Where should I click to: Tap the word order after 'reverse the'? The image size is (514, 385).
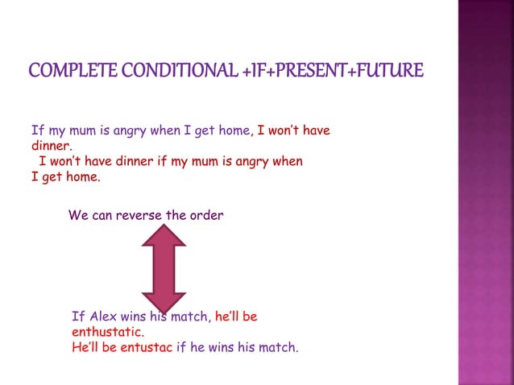[206, 215]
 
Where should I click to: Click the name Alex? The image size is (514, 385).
[102, 317]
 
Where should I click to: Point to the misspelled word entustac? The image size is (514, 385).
[146, 348]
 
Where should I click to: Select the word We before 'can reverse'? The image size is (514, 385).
[78, 215]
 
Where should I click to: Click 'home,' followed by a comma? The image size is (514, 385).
[234, 130]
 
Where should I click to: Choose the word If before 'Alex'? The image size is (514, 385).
[77, 317]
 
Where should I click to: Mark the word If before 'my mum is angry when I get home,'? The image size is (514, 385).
[36, 130]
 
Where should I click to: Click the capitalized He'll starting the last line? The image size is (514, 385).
[85, 348]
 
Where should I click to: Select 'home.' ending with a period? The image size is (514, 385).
[83, 176]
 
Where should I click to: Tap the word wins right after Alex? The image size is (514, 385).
[135, 317]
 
